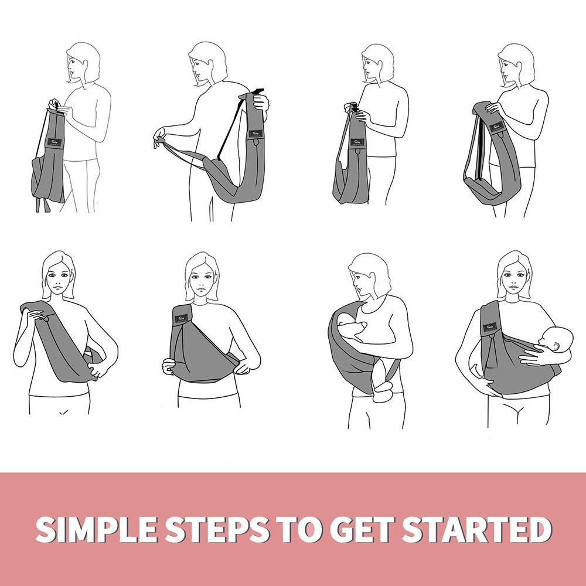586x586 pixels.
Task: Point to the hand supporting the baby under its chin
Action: [x=535, y=355]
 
